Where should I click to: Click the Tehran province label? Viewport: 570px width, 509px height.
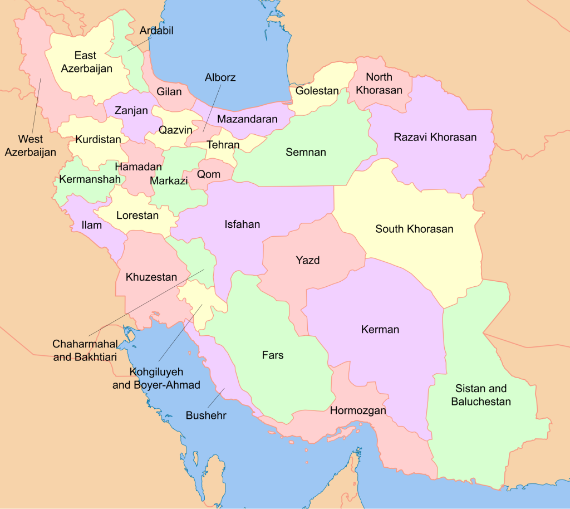[223, 145]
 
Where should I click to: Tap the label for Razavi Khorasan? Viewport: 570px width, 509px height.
[435, 137]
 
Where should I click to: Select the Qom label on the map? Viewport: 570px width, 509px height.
[208, 174]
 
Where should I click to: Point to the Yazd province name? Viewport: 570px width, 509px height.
[307, 260]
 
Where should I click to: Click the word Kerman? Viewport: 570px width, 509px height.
[380, 330]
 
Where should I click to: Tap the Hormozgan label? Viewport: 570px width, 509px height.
[358, 411]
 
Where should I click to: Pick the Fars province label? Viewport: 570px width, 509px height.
[272, 355]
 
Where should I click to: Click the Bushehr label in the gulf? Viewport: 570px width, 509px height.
[206, 415]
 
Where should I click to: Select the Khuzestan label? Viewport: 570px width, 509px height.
[151, 277]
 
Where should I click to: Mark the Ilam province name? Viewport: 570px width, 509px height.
[91, 225]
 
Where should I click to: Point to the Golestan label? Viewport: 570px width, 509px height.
[317, 91]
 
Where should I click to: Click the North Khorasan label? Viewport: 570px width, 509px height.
[379, 83]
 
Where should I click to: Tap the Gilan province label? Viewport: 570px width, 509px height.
[169, 91]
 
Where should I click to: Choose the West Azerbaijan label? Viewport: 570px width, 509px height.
[30, 145]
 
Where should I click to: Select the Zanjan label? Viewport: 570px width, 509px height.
[131, 110]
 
